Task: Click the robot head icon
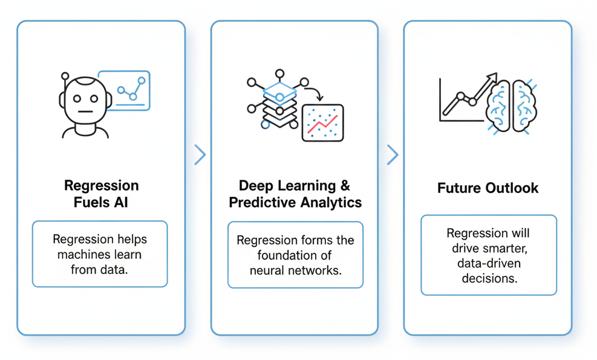click(85, 103)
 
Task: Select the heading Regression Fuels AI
click(101, 194)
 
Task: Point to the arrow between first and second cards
click(200, 155)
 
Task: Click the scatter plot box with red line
click(322, 123)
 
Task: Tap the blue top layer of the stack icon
click(279, 93)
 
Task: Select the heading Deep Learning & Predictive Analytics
click(295, 194)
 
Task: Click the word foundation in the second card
click(295, 255)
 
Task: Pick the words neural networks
click(296, 270)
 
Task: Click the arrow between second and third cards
click(393, 155)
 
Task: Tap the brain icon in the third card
click(512, 106)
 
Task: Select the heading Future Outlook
click(488, 188)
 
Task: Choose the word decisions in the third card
click(488, 278)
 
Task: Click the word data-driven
click(488, 263)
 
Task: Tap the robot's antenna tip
click(65, 77)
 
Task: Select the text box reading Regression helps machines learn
click(100, 254)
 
